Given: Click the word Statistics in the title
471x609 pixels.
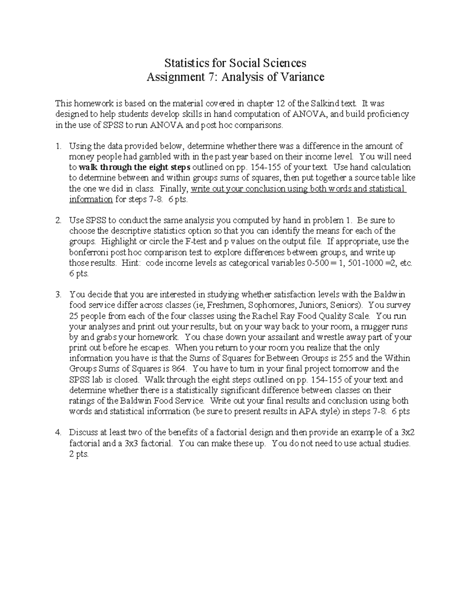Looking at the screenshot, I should click(x=184, y=63).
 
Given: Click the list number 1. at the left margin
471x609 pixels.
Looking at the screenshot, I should click(x=58, y=146).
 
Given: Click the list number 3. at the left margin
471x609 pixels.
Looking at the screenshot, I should click(x=58, y=295).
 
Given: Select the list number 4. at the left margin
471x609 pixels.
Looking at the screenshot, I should click(x=58, y=433).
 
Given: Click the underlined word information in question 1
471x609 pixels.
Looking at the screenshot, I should click(x=91, y=199).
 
